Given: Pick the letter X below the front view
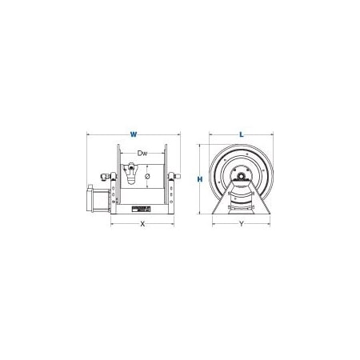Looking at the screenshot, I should click(143, 225).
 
